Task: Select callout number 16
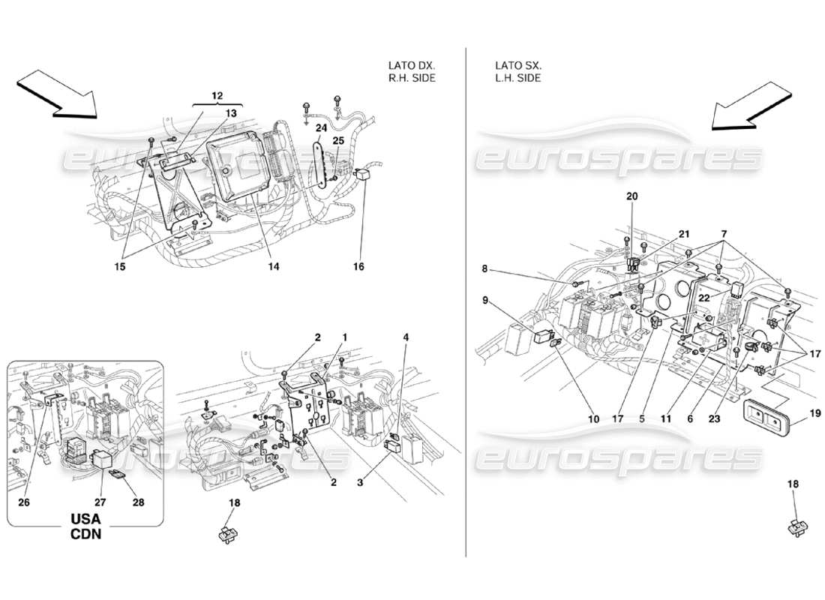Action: click(358, 265)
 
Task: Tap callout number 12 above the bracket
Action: click(217, 96)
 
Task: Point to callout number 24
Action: click(321, 127)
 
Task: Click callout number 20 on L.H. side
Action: click(631, 196)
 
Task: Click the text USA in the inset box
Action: click(85, 520)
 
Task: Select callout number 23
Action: click(713, 419)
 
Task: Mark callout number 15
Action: click(121, 265)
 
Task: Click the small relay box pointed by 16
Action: click(365, 175)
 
